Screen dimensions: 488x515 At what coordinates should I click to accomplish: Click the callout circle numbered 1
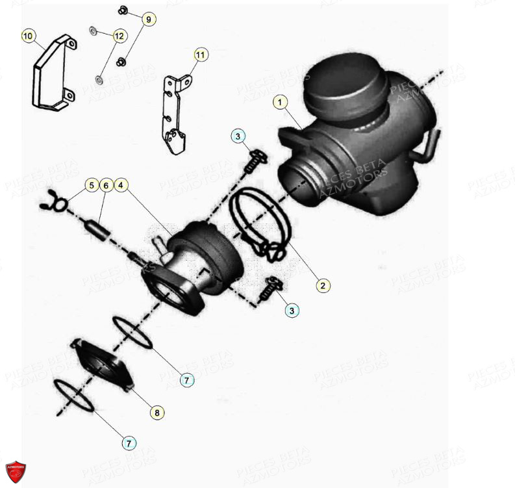coord(280,103)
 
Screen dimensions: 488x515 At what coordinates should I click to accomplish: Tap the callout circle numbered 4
coord(121,185)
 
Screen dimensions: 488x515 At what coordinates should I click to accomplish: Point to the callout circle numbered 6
coord(106,185)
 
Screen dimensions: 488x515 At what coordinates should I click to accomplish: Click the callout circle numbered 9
coord(147,20)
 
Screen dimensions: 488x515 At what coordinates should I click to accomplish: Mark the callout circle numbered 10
coord(27,36)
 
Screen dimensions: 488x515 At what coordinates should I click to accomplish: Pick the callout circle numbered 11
coord(200,55)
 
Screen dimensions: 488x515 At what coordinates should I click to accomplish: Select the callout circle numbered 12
coord(118,36)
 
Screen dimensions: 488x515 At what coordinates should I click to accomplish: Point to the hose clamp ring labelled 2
coord(256,221)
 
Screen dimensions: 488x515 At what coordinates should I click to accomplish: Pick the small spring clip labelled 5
coord(52,204)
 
